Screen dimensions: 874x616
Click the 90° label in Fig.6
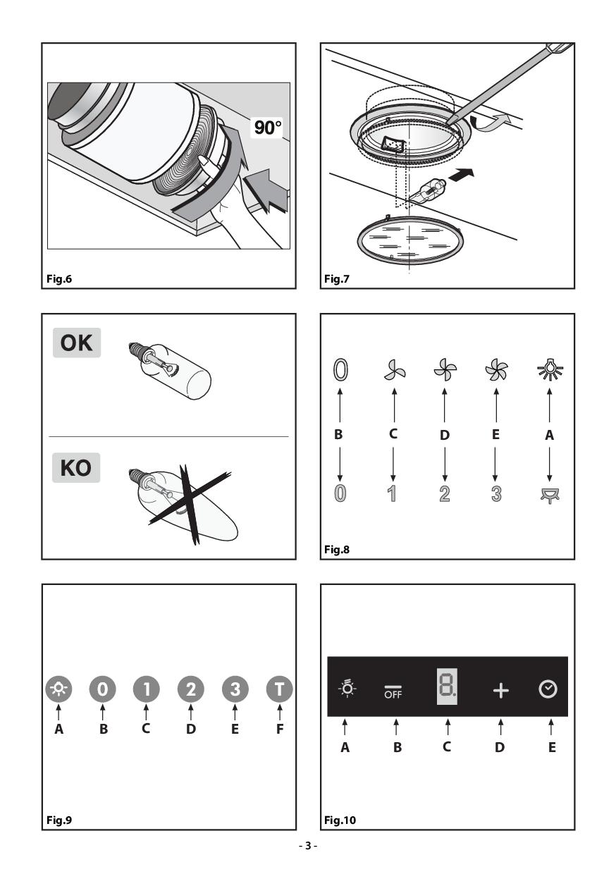267,129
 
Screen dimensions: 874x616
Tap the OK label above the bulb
75,343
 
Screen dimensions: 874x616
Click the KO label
75,468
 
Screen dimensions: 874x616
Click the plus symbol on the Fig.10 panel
500,691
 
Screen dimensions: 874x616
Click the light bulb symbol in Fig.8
550,369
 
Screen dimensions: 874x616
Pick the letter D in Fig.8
444,435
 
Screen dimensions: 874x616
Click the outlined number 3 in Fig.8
496,493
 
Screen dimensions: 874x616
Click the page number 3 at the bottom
308,845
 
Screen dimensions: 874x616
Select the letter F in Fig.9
280,730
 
